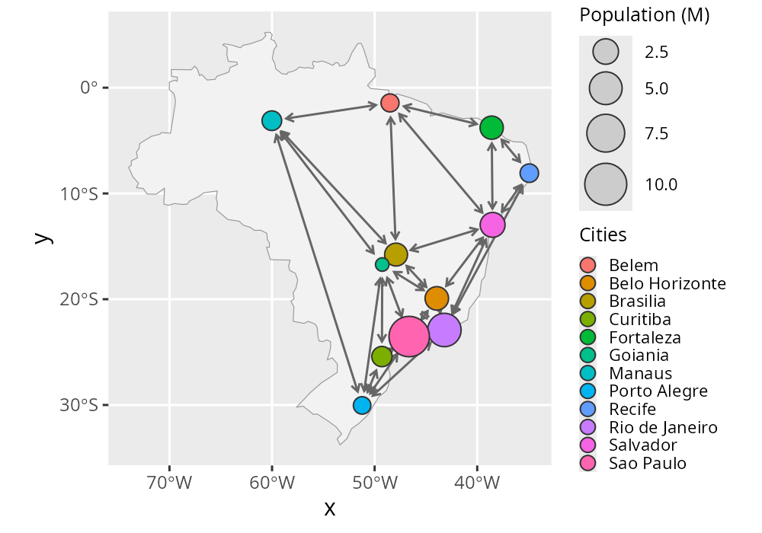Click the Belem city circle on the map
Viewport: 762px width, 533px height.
point(390,103)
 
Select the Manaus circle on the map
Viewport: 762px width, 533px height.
point(272,120)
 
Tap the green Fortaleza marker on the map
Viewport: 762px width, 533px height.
point(491,128)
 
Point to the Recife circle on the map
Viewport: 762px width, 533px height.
point(529,173)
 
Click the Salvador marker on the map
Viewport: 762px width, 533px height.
point(492,225)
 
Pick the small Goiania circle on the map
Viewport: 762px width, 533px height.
point(382,264)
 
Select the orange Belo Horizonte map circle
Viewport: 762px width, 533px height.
point(437,298)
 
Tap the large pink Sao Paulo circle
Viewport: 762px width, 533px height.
point(409,336)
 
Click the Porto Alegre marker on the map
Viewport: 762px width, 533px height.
point(362,405)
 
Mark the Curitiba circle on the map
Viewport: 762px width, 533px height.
point(382,356)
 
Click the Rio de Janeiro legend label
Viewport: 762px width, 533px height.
point(663,427)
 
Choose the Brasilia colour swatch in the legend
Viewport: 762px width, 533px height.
point(588,301)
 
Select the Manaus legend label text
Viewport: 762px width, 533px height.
point(640,373)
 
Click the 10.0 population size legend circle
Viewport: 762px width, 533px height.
point(606,184)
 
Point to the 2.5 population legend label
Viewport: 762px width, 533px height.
point(656,53)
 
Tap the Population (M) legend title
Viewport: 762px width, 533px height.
point(645,16)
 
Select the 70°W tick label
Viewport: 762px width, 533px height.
point(169,482)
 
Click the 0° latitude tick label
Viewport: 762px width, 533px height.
point(89,88)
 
